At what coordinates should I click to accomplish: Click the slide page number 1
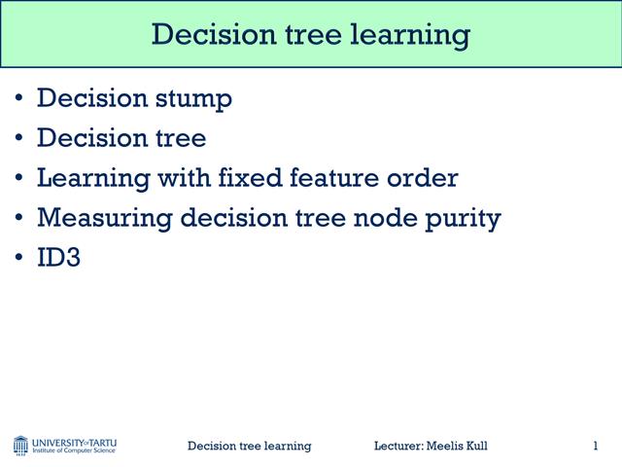coord(595,446)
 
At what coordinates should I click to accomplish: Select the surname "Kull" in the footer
coord(474,446)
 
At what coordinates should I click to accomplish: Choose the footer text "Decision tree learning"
coord(249,446)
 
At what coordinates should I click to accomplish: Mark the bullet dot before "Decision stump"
coord(20,99)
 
